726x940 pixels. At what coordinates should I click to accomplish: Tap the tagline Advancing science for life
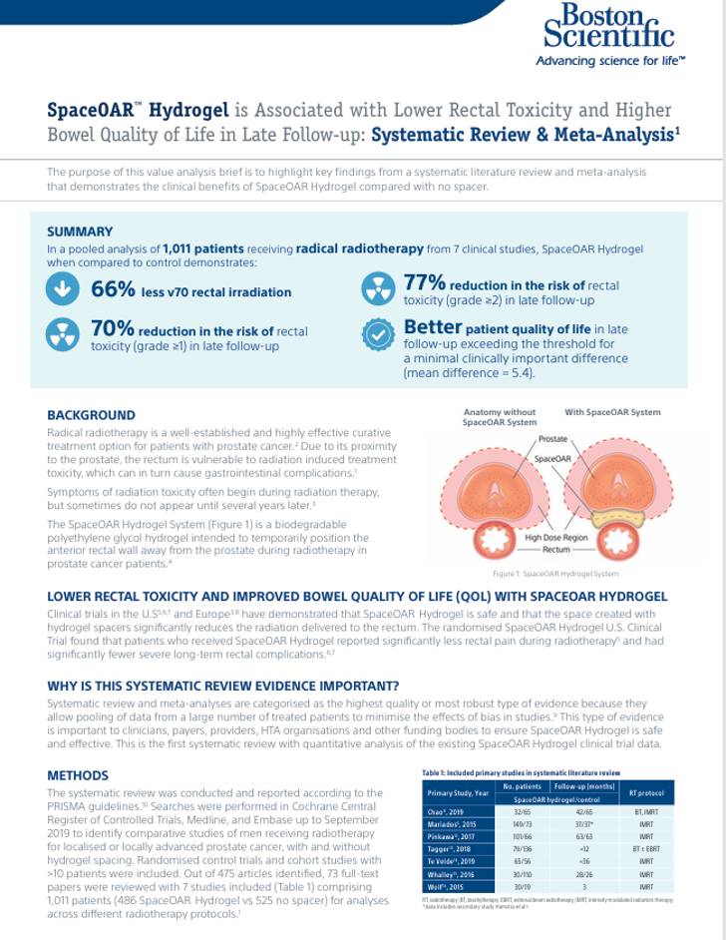click(609, 61)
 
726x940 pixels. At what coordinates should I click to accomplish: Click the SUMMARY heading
click(80, 232)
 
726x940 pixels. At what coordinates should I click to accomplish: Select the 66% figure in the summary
click(112, 290)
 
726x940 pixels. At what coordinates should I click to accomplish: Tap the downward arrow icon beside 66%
click(63, 289)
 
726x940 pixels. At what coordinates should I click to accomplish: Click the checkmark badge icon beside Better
click(378, 335)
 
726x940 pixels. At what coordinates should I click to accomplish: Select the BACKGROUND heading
click(92, 415)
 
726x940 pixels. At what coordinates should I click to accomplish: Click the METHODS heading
click(78, 775)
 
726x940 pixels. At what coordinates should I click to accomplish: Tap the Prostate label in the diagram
click(552, 439)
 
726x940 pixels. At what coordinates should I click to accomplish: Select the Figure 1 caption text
click(542, 573)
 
